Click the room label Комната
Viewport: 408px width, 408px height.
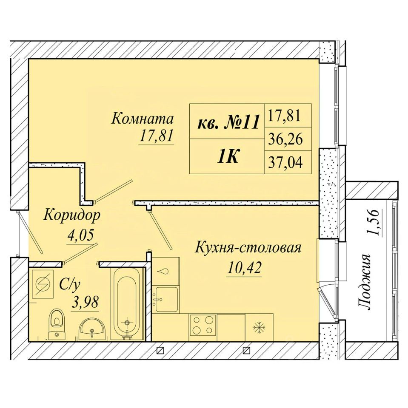click(x=143, y=119)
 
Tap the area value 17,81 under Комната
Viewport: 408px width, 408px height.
click(x=156, y=136)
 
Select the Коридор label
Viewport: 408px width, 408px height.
click(x=71, y=216)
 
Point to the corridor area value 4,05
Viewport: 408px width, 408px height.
click(x=80, y=235)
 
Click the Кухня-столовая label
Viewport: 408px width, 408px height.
click(x=248, y=248)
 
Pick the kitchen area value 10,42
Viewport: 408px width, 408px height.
click(x=244, y=267)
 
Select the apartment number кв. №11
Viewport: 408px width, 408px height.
click(x=228, y=122)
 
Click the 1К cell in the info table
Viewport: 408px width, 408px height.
click(x=228, y=156)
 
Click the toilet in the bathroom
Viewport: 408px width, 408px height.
click(x=57, y=323)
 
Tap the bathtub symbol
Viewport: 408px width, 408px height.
click(x=127, y=304)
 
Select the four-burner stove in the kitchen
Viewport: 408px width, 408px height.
click(x=203, y=325)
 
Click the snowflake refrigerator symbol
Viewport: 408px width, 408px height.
click(x=259, y=327)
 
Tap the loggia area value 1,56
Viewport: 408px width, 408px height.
click(x=374, y=222)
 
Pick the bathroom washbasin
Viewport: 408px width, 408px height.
click(x=92, y=329)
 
